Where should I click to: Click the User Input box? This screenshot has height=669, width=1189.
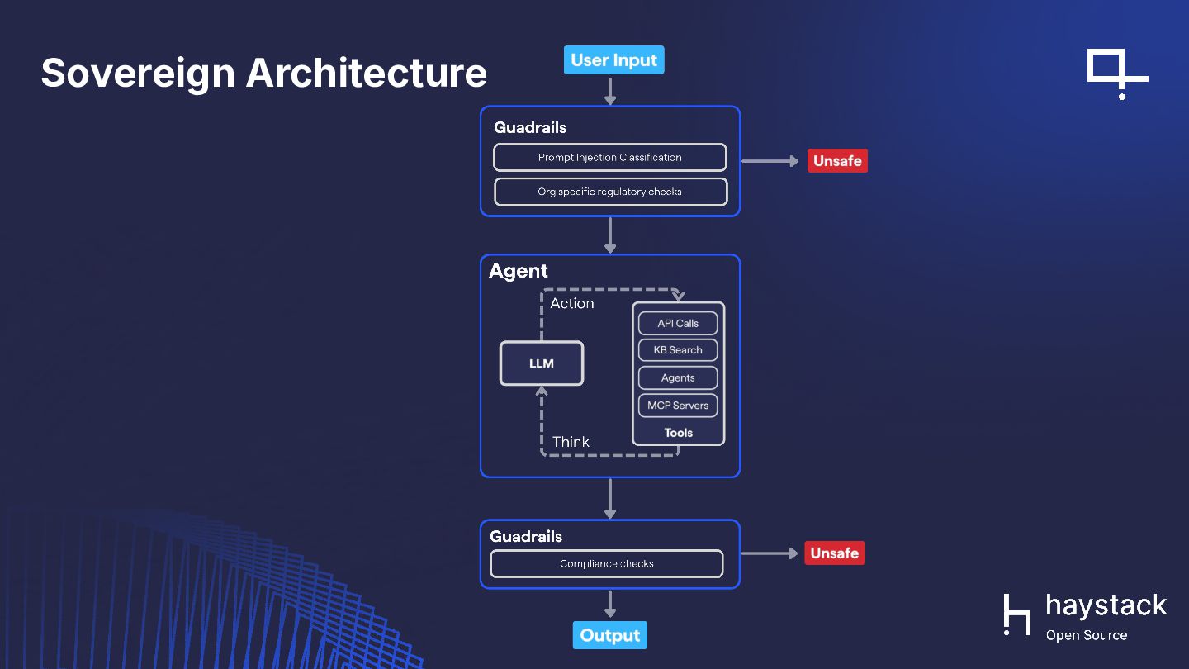click(613, 60)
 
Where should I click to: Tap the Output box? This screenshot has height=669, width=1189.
click(610, 635)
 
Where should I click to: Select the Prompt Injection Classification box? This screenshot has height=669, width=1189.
click(610, 157)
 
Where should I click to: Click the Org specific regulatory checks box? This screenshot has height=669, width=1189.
click(610, 192)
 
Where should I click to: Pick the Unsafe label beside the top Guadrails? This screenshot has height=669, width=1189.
click(837, 161)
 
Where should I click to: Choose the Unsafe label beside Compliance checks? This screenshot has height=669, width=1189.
click(834, 553)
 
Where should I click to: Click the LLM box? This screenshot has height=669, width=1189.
click(542, 363)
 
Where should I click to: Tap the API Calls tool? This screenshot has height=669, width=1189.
click(678, 323)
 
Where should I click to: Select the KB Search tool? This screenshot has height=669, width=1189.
click(678, 350)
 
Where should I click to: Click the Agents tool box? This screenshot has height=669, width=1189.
click(678, 377)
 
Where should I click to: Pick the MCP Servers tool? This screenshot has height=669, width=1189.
click(678, 406)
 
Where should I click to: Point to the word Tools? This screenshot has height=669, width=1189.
click(679, 433)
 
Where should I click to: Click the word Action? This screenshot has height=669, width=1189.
click(572, 303)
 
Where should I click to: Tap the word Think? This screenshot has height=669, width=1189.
click(571, 442)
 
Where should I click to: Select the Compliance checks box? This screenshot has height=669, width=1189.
click(607, 564)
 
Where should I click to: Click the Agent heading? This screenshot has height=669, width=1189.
click(519, 271)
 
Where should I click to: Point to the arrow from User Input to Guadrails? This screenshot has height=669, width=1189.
click(610, 90)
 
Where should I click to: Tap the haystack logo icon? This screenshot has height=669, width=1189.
click(1017, 614)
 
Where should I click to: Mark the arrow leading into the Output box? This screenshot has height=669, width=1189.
click(610, 604)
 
